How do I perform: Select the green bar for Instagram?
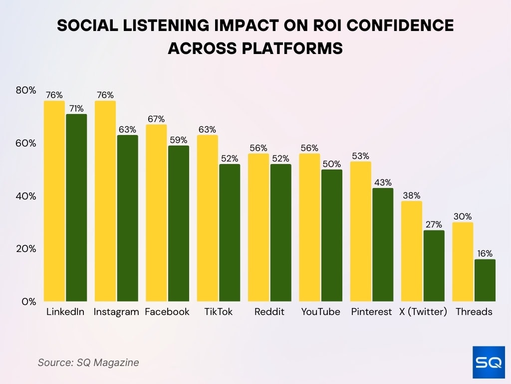click(127, 218)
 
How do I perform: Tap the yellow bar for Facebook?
click(156, 213)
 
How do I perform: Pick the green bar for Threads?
click(485, 280)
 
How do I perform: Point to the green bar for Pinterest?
click(383, 244)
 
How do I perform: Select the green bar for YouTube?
click(332, 235)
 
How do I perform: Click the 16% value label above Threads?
click(485, 253)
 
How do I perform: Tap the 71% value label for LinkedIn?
click(76, 108)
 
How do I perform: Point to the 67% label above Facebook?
click(156, 119)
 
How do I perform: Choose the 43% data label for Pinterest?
click(383, 182)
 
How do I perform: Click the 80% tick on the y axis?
click(26, 90)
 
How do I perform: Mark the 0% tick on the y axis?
click(29, 301)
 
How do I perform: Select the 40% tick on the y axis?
click(26, 196)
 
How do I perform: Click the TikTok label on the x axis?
click(218, 312)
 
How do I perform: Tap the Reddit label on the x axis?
click(269, 312)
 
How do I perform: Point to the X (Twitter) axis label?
click(423, 312)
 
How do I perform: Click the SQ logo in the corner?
click(488, 362)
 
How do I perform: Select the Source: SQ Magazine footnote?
click(88, 362)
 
